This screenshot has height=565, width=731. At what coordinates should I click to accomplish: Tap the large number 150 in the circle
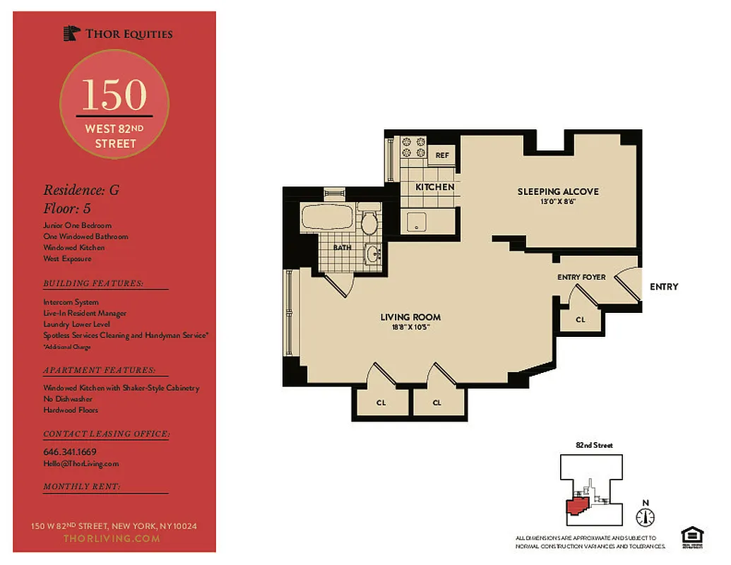(x=114, y=95)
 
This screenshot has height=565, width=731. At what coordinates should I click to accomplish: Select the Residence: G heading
(x=76, y=190)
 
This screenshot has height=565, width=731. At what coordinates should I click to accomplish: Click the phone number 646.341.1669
(x=70, y=451)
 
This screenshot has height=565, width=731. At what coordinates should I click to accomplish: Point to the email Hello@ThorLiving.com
(x=81, y=463)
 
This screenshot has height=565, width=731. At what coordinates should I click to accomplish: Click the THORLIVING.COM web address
(x=112, y=538)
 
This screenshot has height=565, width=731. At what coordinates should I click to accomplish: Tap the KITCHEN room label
(x=434, y=187)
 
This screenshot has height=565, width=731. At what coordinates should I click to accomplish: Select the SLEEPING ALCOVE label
(x=557, y=191)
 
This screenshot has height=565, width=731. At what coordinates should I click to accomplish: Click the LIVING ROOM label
(x=410, y=317)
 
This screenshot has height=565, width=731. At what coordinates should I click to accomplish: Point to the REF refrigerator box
(x=442, y=155)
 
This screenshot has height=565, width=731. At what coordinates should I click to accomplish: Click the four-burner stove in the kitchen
(x=412, y=147)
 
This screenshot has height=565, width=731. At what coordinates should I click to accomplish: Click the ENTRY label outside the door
(x=663, y=286)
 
